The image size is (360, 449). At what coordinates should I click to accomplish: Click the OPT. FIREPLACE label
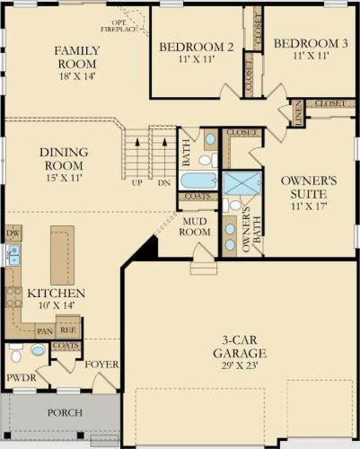click(x=119, y=26)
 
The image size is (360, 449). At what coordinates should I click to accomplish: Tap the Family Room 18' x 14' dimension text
click(x=77, y=76)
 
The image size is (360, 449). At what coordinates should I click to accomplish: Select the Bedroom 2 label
click(x=197, y=47)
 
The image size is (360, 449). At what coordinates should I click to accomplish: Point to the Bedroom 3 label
click(x=311, y=43)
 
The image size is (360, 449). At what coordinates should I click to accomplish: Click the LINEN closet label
click(x=298, y=113)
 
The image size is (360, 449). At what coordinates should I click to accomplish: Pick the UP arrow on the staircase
click(x=137, y=158)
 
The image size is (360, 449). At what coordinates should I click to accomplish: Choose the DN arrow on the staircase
click(x=164, y=158)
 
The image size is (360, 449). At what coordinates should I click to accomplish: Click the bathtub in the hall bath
click(x=198, y=180)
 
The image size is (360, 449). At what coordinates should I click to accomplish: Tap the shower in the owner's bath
click(x=242, y=183)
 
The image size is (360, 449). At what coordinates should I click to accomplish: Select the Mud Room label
click(x=195, y=226)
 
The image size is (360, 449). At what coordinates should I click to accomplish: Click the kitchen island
click(x=62, y=255)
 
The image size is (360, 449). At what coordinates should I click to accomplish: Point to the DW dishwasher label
click(x=13, y=233)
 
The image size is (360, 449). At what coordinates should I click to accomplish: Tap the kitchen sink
click(x=13, y=255)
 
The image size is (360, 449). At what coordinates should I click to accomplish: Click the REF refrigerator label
click(x=68, y=330)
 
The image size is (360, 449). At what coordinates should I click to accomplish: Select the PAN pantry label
click(x=45, y=331)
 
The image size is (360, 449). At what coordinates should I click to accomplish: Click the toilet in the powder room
click(x=16, y=353)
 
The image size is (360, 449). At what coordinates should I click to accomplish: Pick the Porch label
click(x=65, y=413)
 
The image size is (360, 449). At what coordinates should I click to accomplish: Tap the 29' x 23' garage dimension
click(x=240, y=365)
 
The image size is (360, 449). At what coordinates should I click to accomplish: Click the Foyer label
click(x=101, y=365)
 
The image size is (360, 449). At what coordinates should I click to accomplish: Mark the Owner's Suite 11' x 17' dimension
click(x=309, y=206)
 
